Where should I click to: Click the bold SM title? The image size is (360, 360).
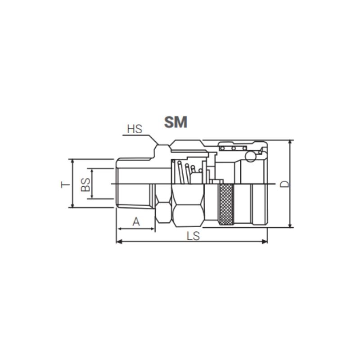pos(175,121)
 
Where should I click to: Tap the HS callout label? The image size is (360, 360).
pos(134,129)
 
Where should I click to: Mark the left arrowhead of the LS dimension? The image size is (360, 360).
pos(119,242)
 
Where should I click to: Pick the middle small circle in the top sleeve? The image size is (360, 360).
pos(234,148)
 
